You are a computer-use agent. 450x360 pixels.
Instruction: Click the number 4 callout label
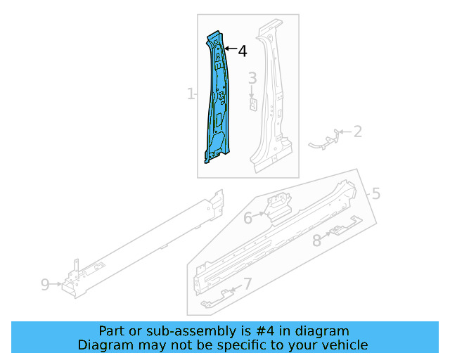coord(242,51)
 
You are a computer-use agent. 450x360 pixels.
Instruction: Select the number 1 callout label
coord(190,94)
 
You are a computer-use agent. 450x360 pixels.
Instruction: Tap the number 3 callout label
coord(252,78)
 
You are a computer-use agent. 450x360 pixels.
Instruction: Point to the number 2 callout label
coord(357,131)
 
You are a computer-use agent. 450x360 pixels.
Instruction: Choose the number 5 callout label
coord(375,193)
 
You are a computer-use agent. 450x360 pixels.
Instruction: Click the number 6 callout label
coord(247,218)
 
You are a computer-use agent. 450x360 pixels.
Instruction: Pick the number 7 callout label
coord(246,284)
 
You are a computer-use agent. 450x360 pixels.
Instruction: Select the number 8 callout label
coord(316,240)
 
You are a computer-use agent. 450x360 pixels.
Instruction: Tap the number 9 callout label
coord(45,284)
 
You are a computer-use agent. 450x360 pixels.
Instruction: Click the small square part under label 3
coord(252,104)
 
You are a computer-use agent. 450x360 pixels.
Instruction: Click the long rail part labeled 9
coord(141,243)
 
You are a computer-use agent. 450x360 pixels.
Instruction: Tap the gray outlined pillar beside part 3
coord(271,98)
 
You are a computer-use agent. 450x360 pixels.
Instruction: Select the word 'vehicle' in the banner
coord(344,345)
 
